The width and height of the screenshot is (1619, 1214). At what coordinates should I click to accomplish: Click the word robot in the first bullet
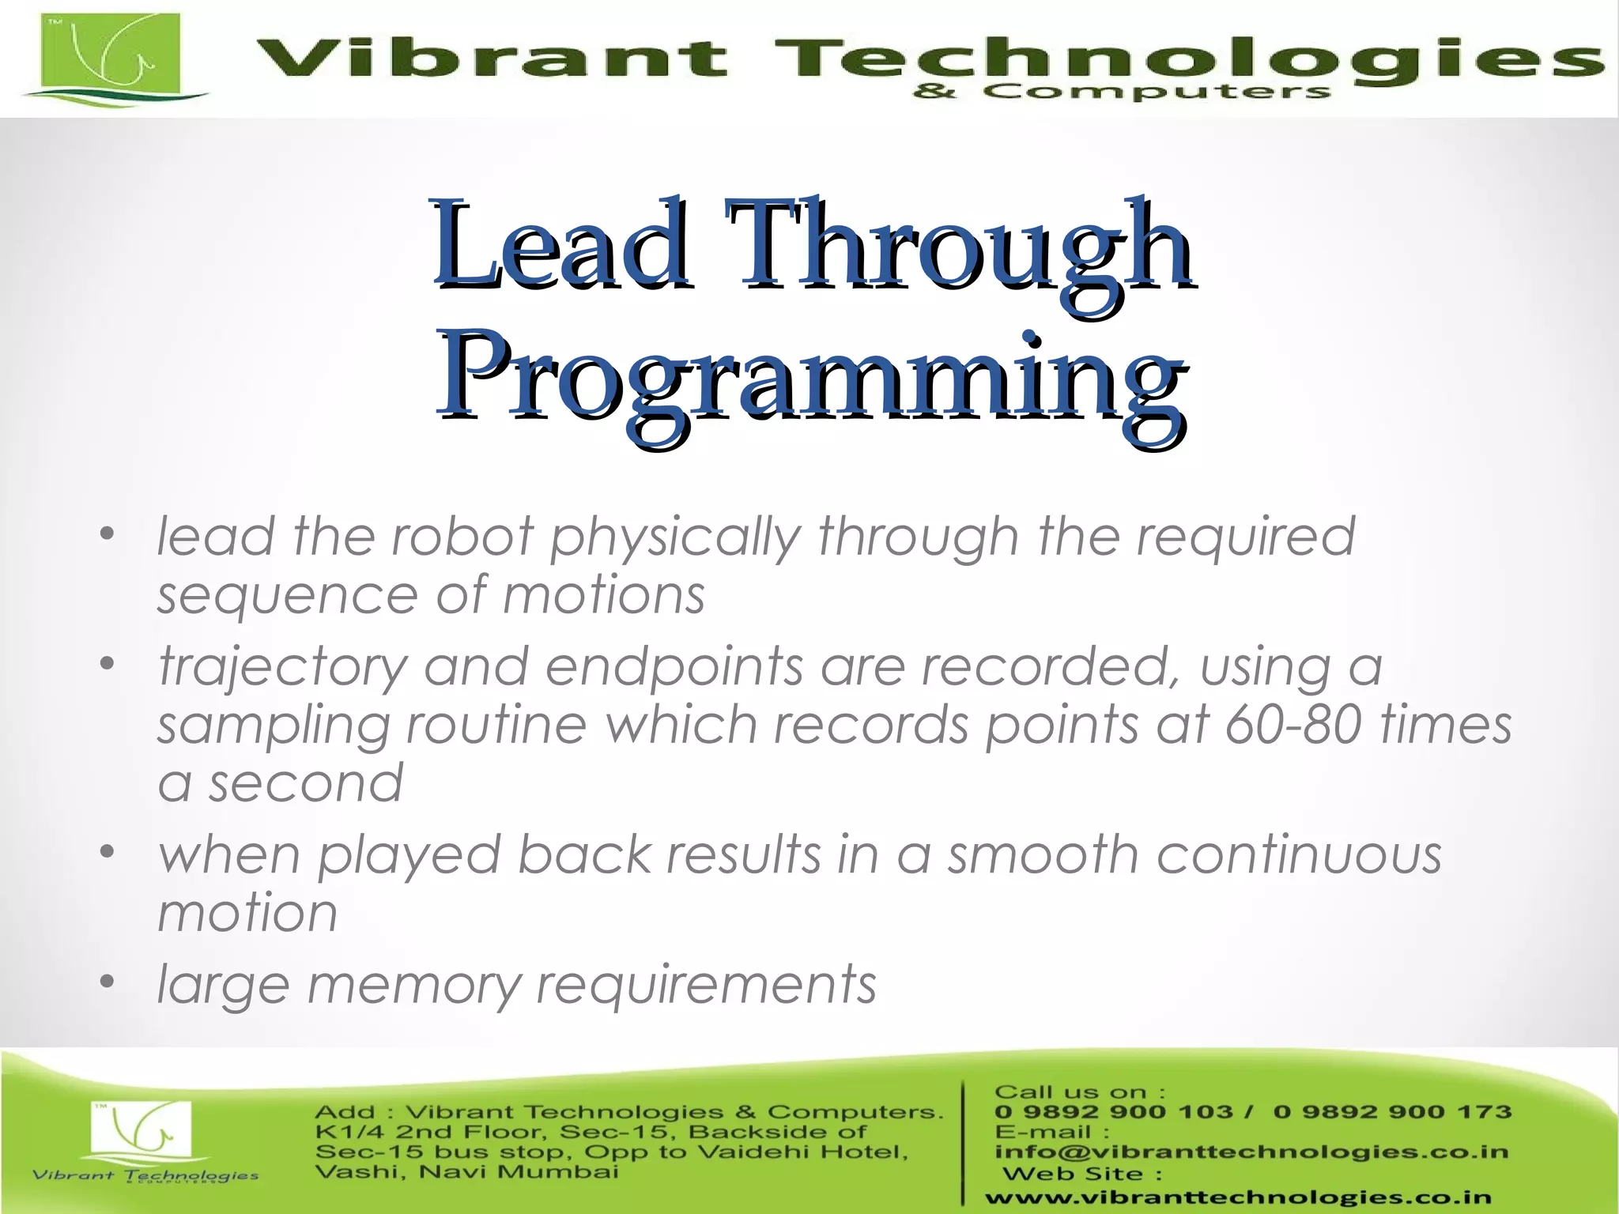click(462, 536)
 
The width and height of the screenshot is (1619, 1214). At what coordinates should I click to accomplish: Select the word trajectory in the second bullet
click(281, 667)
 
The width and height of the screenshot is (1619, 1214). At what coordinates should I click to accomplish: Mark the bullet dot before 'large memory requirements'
click(108, 982)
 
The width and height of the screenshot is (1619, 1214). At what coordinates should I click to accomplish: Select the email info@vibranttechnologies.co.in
click(1251, 1152)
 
